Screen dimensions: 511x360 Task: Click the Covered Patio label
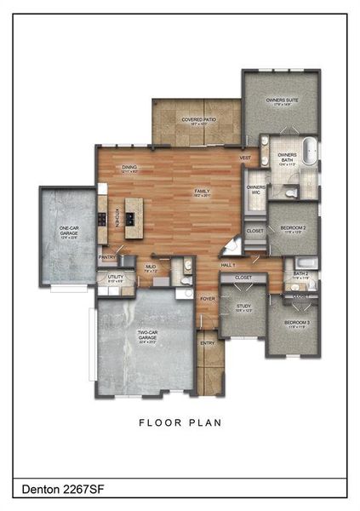pos(197,120)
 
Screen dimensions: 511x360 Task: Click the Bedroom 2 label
pos(293,228)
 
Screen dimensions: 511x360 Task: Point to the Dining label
pos(129,168)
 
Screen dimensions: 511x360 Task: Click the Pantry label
pos(107,256)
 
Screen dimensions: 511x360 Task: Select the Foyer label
pos(208,299)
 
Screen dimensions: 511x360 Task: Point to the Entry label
pos(208,343)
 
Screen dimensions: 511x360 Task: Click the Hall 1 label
pos(228,266)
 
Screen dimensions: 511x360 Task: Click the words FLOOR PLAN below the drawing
pos(180,421)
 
